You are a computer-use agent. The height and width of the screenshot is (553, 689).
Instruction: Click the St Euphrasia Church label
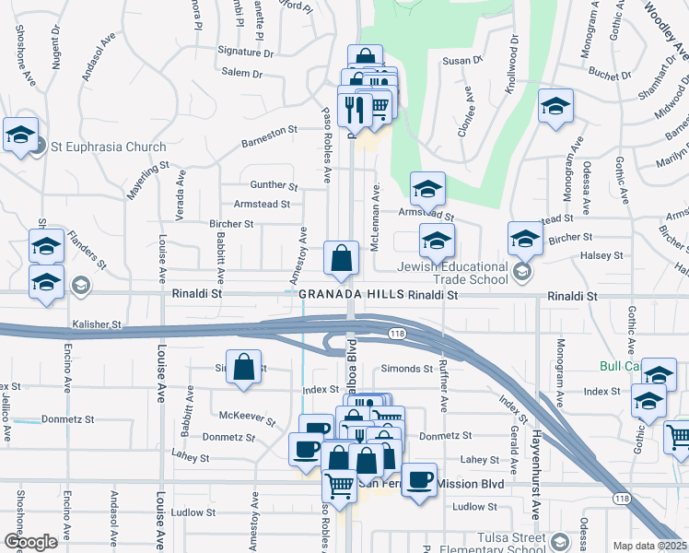click(109, 147)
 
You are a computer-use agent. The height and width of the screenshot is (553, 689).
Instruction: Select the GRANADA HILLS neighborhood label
click(352, 293)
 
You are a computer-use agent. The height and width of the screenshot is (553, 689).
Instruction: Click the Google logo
click(30, 542)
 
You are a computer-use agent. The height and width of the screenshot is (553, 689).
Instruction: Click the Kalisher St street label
click(97, 324)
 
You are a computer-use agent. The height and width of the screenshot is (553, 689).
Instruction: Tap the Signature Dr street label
click(246, 53)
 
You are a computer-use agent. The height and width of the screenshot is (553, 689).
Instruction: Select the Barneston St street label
click(270, 131)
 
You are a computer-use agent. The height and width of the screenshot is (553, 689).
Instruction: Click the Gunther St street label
click(274, 186)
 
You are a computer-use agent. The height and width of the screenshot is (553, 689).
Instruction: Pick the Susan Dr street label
click(463, 60)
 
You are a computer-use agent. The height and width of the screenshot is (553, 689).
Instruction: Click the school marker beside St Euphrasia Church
click(20, 135)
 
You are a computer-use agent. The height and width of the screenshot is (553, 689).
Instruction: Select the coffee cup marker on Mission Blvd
click(419, 480)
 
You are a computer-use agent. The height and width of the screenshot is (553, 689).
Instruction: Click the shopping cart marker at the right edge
click(679, 436)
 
